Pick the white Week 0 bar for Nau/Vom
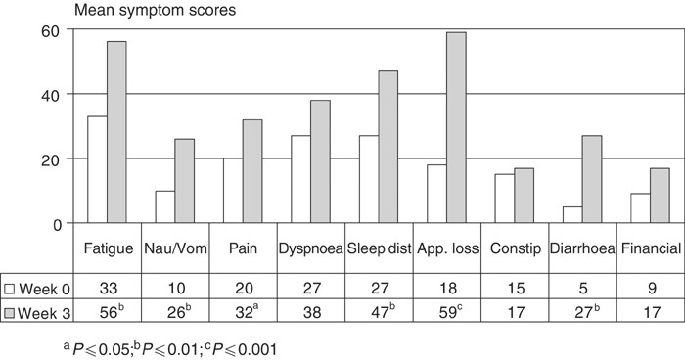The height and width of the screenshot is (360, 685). coord(164,207)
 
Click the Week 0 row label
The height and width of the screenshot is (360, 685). coord(46,289)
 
